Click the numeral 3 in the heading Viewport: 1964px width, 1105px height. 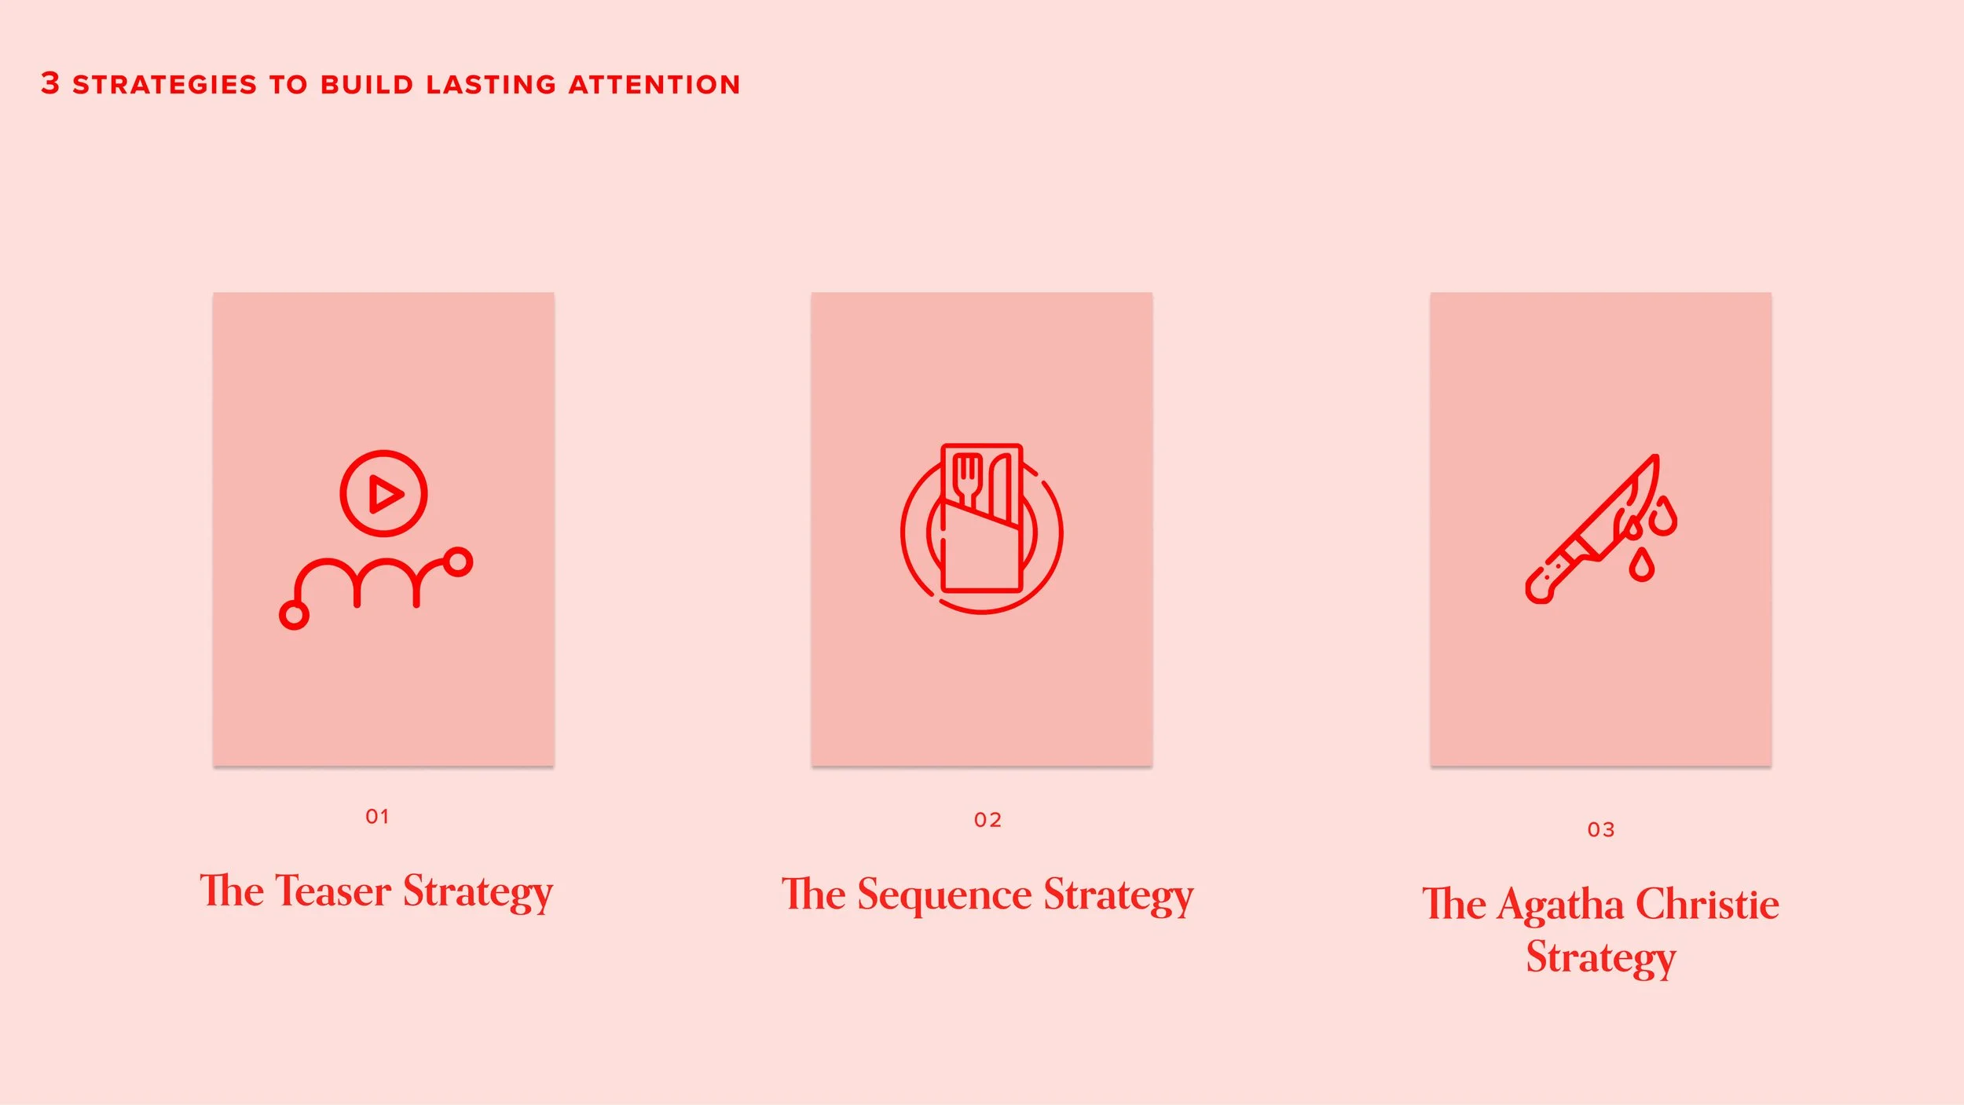click(50, 83)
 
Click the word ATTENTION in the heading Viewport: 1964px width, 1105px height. click(654, 85)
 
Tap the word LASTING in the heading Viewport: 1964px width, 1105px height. click(491, 85)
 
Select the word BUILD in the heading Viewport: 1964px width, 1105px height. click(367, 85)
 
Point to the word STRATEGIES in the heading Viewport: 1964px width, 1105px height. click(165, 85)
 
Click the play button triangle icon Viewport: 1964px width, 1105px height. click(385, 494)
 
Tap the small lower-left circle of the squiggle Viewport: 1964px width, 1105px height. click(294, 615)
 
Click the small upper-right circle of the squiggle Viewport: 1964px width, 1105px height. click(458, 562)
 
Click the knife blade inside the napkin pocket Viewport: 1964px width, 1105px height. click(1000, 487)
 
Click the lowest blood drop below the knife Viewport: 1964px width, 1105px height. click(1641, 566)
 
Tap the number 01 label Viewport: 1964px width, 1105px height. click(378, 817)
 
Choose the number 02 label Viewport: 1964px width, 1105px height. click(987, 821)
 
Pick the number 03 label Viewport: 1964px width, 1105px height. click(1601, 830)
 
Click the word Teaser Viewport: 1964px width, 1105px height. click(333, 891)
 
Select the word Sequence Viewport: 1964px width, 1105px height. click(944, 895)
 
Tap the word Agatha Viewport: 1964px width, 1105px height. click(1560, 905)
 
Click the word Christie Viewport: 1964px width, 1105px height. click(1707, 904)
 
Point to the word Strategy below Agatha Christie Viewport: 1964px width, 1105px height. click(1601, 957)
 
